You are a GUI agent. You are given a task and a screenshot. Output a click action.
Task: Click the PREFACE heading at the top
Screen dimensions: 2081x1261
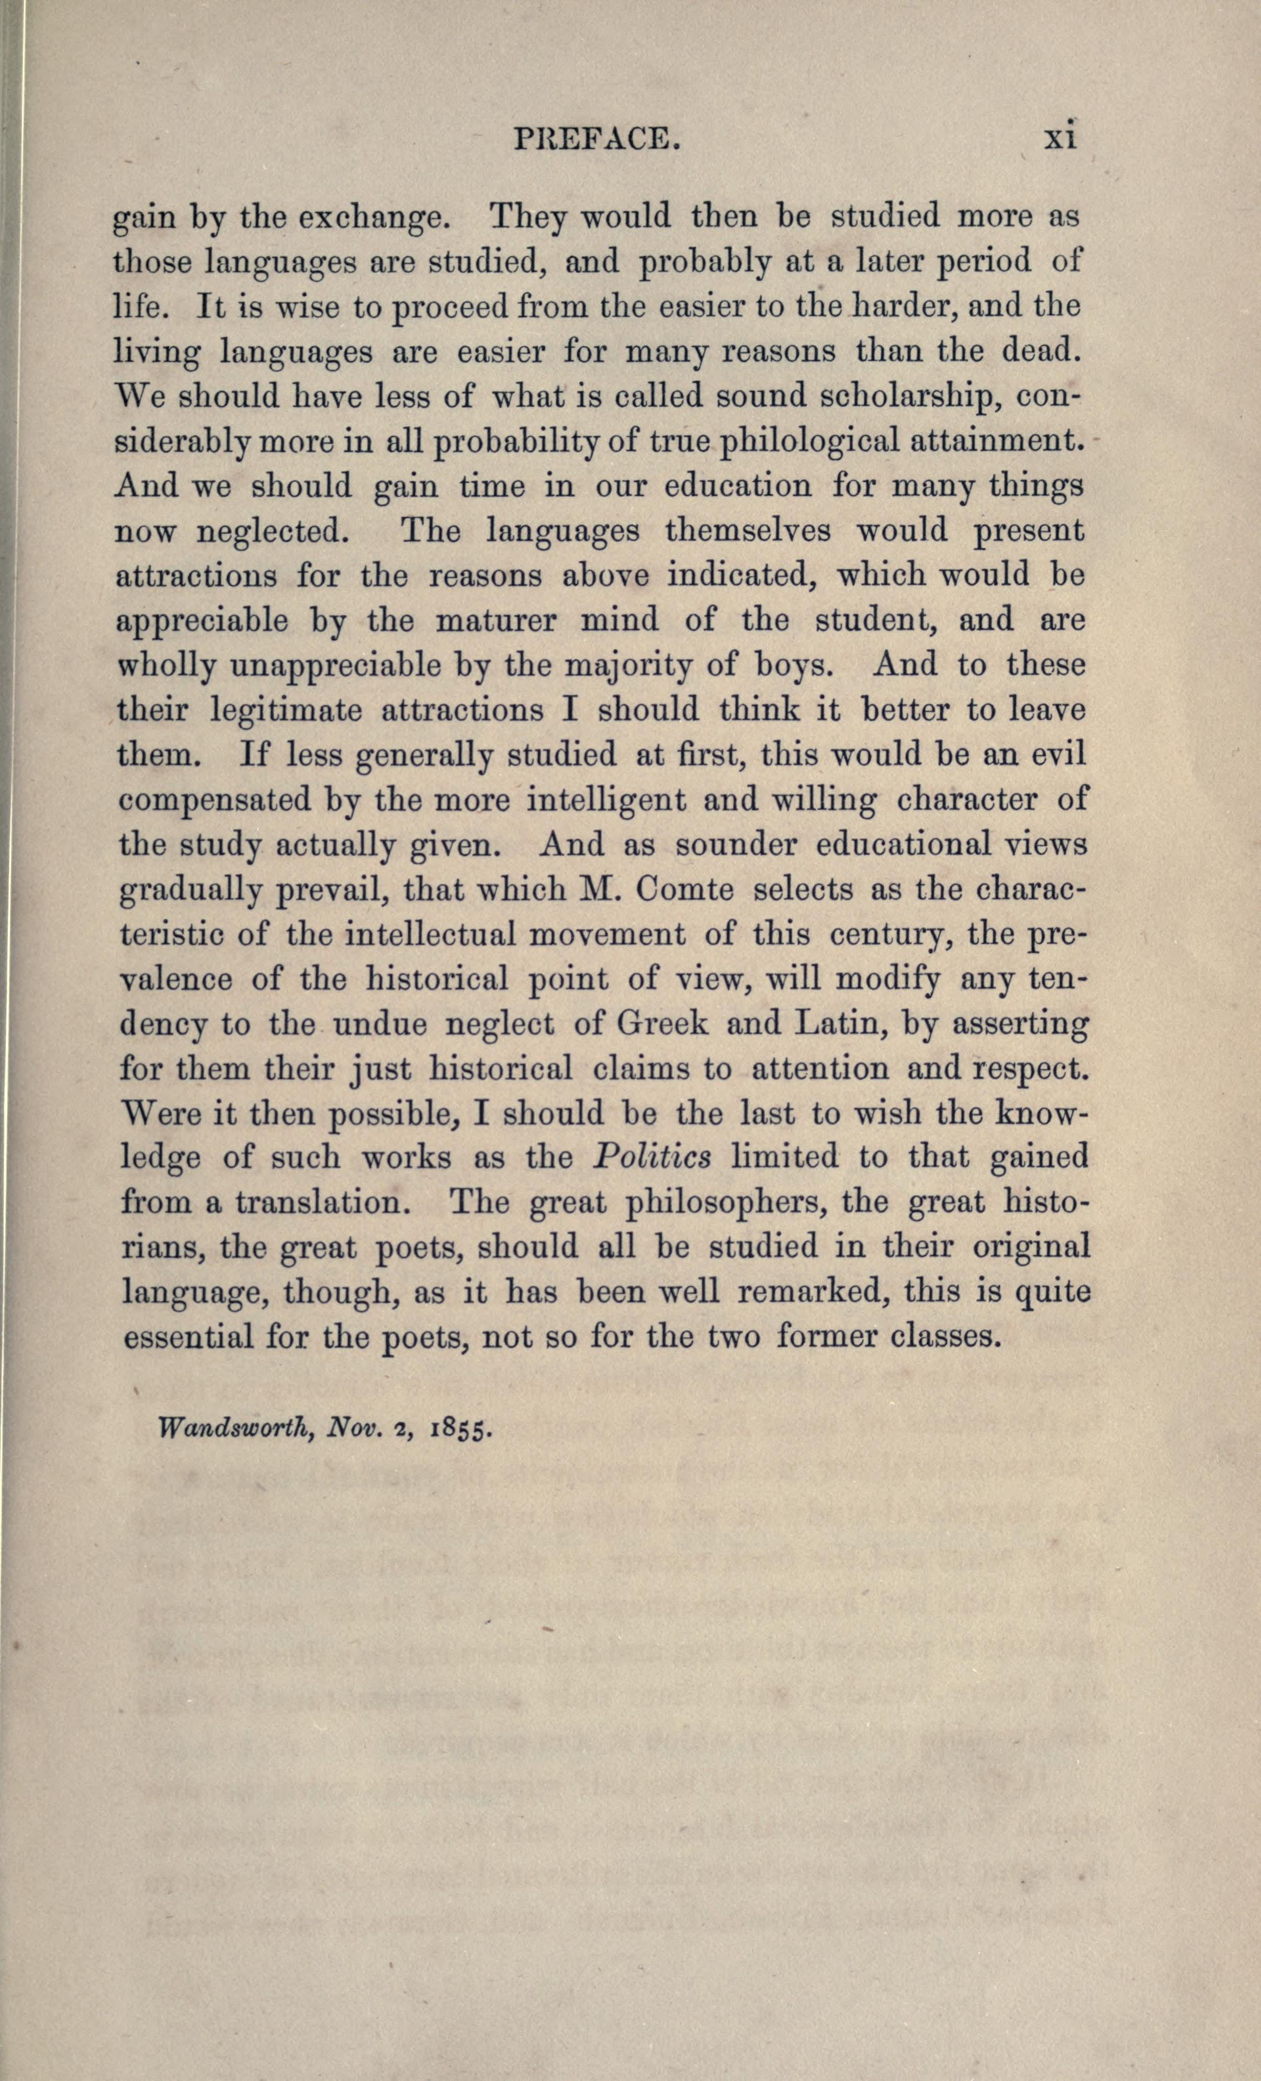tap(596, 138)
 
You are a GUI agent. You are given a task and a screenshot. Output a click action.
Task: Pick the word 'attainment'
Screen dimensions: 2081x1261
tap(1011, 441)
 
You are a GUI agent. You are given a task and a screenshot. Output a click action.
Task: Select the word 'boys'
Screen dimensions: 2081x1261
tap(792, 665)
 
